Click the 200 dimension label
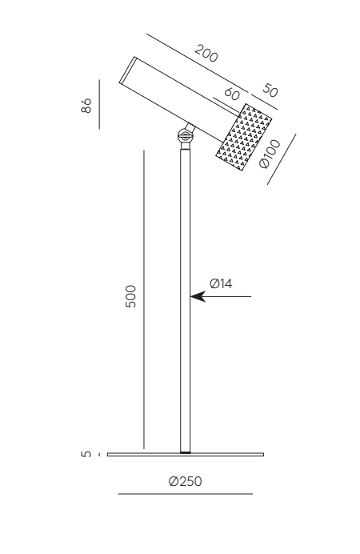pyautogui.click(x=206, y=54)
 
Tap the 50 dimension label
pyautogui.click(x=270, y=90)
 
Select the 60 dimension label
pyautogui.click(x=232, y=94)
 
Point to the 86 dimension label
pyautogui.click(x=86, y=106)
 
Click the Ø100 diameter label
pyautogui.click(x=270, y=154)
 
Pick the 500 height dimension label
pyautogui.click(x=130, y=296)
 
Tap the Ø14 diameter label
pyautogui.click(x=221, y=283)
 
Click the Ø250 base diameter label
pyautogui.click(x=186, y=481)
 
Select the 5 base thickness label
pyautogui.click(x=86, y=454)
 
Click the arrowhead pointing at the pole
pyautogui.click(x=198, y=296)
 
